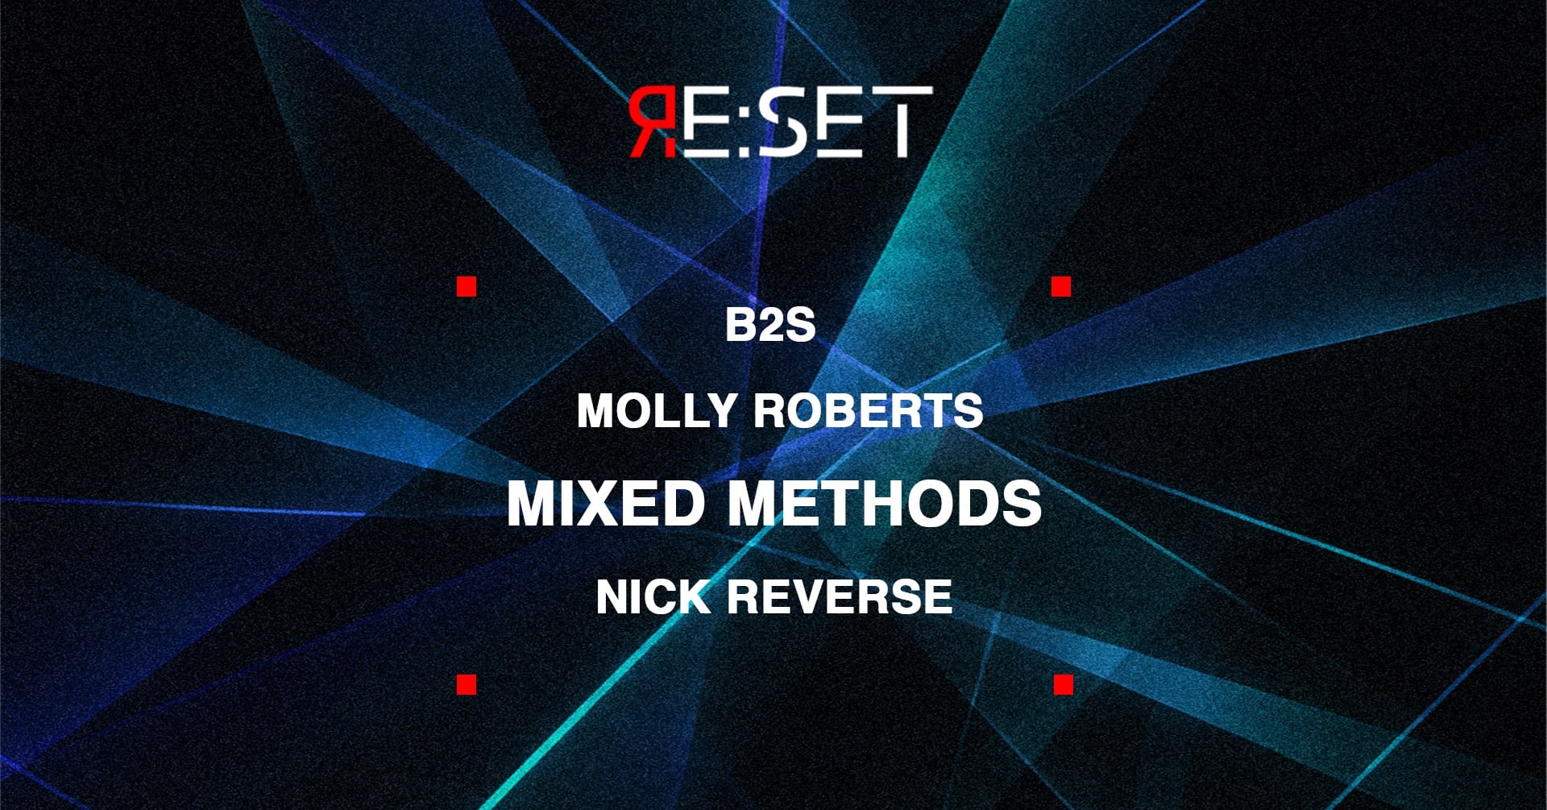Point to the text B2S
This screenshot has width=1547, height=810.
[770, 326]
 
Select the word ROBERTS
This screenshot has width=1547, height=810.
[868, 411]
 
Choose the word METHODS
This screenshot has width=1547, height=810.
[885, 504]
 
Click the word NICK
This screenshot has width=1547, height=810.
[653, 597]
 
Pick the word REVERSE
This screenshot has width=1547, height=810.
[840, 597]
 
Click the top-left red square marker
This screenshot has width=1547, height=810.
[467, 286]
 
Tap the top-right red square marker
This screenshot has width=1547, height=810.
[1061, 286]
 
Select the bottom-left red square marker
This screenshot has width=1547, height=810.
[467, 684]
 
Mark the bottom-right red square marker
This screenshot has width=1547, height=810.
[1064, 684]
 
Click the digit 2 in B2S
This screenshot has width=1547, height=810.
[770, 326]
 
